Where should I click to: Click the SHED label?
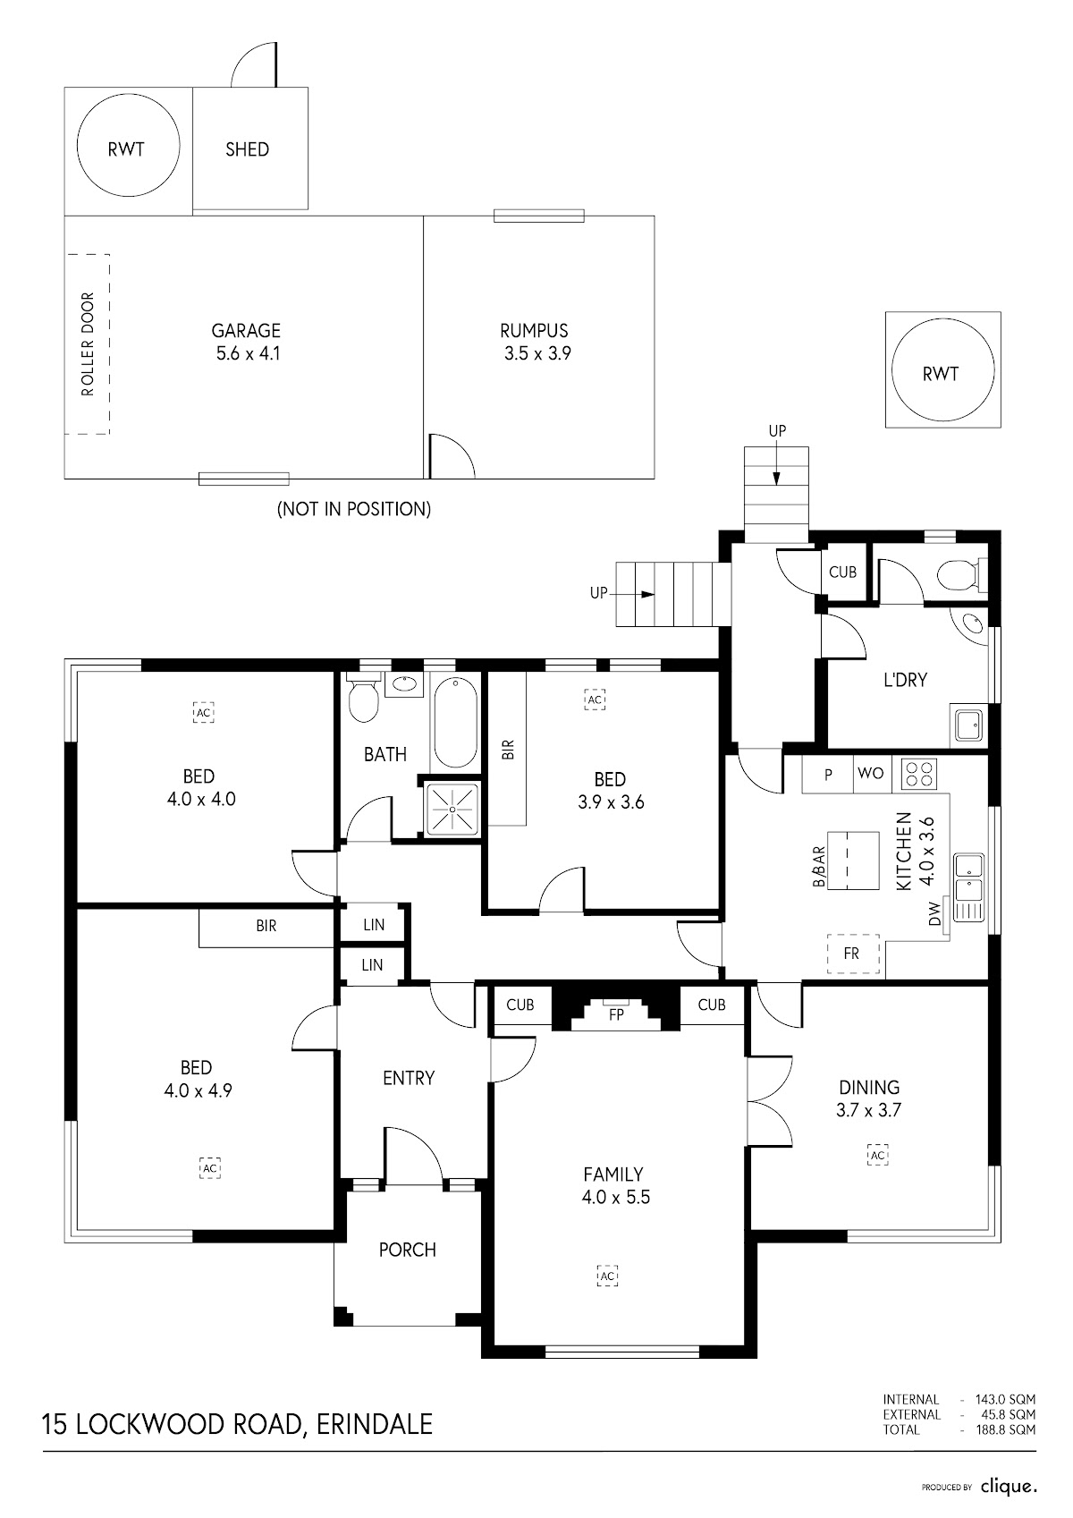point(247,149)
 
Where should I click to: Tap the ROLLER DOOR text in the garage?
point(88,344)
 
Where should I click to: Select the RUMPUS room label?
point(534,331)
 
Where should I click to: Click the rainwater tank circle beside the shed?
point(126,148)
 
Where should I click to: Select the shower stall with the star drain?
point(452,810)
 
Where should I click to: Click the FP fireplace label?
point(615,1015)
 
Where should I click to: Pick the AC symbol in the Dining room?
point(877,1156)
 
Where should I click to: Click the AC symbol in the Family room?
point(607,1276)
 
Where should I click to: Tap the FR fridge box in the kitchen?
point(851,954)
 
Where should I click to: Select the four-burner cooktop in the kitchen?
point(918,773)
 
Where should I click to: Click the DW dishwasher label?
point(935,914)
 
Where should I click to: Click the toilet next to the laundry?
point(959,573)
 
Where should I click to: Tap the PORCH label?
point(408,1250)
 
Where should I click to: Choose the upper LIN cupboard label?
point(374,925)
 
